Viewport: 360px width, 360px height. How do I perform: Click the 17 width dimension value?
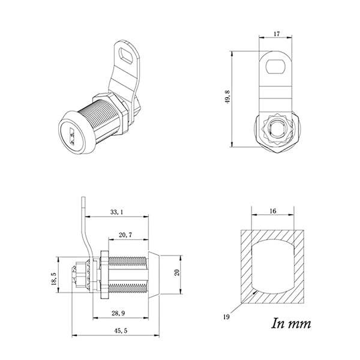click(276, 34)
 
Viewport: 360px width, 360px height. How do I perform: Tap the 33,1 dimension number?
click(117, 212)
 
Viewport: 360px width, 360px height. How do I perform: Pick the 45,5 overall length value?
click(117, 330)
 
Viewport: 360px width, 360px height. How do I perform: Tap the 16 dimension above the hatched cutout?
click(273, 211)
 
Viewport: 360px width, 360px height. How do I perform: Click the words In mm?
click(292, 325)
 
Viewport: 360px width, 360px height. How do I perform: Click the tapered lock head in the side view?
click(155, 273)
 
